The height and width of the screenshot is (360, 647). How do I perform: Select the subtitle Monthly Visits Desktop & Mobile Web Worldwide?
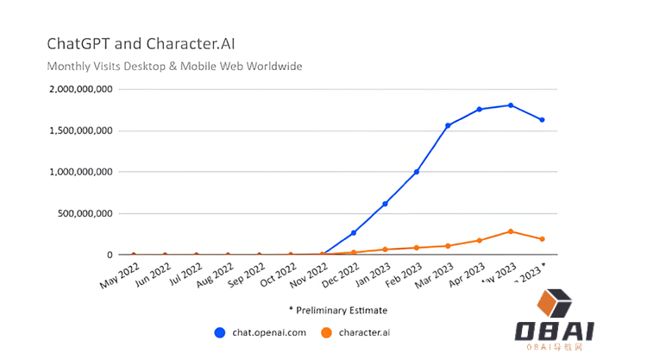coord(173,66)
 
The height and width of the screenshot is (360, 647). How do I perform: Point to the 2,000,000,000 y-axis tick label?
coord(82,89)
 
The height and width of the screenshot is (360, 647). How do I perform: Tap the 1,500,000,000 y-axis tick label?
coord(82,130)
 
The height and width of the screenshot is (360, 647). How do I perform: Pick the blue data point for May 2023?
coord(511,105)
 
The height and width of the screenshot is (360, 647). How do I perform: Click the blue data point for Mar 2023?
coord(448,126)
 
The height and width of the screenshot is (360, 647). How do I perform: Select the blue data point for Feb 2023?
coord(417,172)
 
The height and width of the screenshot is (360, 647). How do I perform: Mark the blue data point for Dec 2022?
coord(354,233)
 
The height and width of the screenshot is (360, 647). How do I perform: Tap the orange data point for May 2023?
coord(511,231)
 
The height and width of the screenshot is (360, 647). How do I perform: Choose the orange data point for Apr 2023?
coord(480,240)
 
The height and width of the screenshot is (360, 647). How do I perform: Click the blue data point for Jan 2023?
coord(385,204)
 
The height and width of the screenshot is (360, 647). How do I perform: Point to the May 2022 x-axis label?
coord(119,275)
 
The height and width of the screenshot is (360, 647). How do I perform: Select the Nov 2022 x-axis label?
coord(308,275)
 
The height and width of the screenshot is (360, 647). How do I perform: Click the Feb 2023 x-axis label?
coord(403,275)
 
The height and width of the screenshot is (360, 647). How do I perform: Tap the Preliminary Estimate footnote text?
coord(337,310)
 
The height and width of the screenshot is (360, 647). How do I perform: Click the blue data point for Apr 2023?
coord(480,110)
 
